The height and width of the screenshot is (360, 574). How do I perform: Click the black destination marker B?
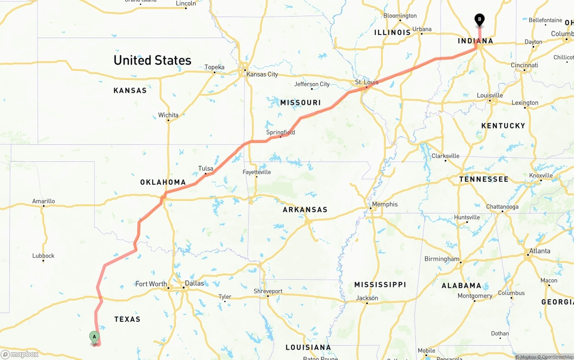pos(479,20)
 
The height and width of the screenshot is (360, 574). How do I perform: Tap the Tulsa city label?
pos(205,169)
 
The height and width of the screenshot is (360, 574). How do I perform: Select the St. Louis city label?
pos(366,82)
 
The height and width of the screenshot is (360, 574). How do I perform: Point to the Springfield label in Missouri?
pos(280,132)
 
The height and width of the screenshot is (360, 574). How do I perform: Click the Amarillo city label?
pos(43,201)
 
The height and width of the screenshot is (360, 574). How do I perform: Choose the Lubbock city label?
pos(43,256)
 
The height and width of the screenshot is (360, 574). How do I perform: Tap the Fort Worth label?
pos(151,284)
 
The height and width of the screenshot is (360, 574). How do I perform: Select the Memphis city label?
pos(384,204)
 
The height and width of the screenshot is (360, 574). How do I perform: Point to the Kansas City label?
pos(262,74)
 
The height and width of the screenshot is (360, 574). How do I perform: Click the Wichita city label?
pos(168,115)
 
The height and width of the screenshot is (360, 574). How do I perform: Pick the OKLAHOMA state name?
pos(163,182)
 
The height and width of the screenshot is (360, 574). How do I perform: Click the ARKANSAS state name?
pos(305,209)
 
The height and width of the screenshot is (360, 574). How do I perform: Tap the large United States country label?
pos(152,60)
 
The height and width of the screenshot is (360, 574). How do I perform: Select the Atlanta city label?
pos(539,251)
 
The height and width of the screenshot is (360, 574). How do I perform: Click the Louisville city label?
pos(490,95)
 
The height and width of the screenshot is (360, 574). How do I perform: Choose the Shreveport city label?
pos(268,291)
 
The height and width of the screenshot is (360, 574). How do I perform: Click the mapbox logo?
pos(20,354)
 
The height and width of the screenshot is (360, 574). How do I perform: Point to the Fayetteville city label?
pos(257,172)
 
